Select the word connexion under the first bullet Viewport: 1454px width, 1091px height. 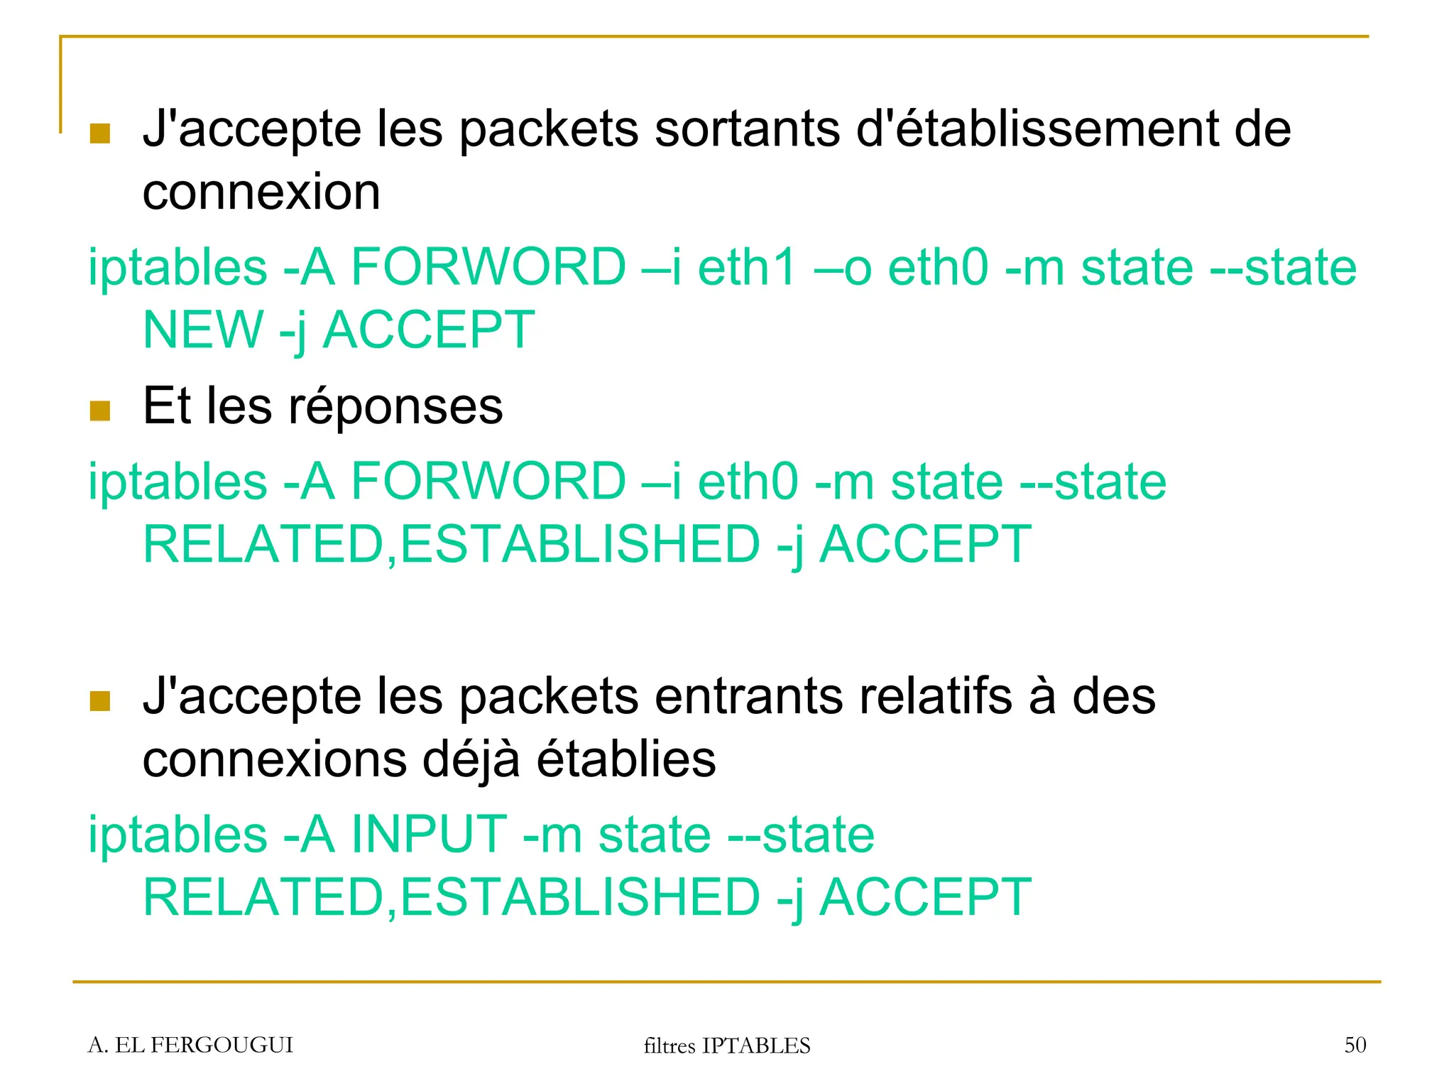(x=261, y=192)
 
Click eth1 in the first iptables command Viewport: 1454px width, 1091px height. (x=748, y=268)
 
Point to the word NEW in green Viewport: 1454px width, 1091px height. (x=203, y=330)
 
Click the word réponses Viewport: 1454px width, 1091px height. (x=395, y=406)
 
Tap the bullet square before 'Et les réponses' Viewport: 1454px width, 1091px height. (x=100, y=411)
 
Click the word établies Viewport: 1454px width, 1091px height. (x=626, y=759)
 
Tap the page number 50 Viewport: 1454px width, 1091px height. (x=1355, y=1045)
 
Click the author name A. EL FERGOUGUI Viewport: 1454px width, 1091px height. (x=190, y=1045)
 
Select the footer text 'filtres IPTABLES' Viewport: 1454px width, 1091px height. (x=726, y=1046)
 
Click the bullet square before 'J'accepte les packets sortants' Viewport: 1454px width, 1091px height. (x=100, y=134)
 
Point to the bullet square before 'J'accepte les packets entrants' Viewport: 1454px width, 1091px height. (x=100, y=701)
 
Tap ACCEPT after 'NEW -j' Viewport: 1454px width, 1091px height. (x=428, y=330)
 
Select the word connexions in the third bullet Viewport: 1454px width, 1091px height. (x=275, y=759)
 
